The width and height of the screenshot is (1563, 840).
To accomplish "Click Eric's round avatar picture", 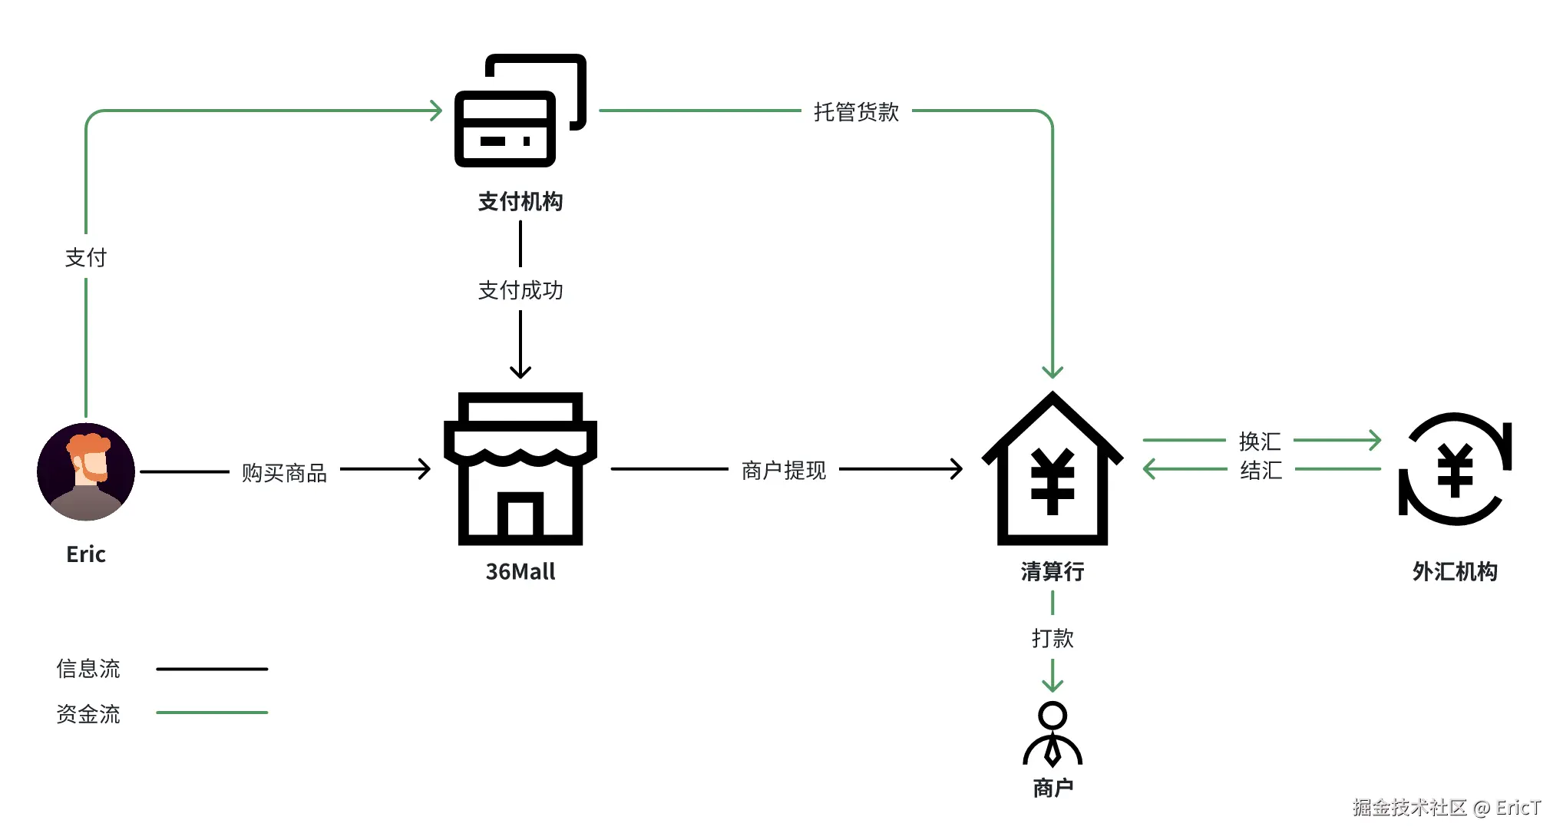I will [x=86, y=471].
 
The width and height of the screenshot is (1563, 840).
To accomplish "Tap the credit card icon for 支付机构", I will [x=520, y=111].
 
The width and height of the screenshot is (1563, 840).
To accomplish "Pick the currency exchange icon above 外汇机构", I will [x=1455, y=469].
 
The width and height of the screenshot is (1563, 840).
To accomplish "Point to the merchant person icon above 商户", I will [x=1052, y=734].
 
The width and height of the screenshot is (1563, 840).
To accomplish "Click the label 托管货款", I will [x=856, y=112].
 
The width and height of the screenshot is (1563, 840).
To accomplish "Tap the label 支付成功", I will [x=520, y=290].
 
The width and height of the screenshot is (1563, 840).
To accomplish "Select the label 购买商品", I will [x=284, y=473].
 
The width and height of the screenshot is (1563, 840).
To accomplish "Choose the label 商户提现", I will [x=783, y=471].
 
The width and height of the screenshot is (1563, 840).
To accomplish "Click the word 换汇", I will [x=1260, y=441].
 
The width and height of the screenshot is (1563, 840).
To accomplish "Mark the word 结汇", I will [x=1261, y=470].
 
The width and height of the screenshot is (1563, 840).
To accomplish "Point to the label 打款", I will [x=1052, y=638].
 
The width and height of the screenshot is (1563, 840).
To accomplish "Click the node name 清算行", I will [x=1052, y=571].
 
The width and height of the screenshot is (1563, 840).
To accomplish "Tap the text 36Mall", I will [x=520, y=571].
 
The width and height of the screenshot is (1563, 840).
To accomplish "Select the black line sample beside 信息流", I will [x=212, y=669].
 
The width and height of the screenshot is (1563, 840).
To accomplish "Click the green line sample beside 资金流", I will [x=212, y=713].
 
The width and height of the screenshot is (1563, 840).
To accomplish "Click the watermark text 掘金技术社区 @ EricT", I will [x=1446, y=807].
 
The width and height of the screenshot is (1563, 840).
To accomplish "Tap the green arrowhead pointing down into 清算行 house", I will [x=1052, y=372].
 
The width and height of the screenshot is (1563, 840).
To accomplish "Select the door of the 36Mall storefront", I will [x=520, y=516].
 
